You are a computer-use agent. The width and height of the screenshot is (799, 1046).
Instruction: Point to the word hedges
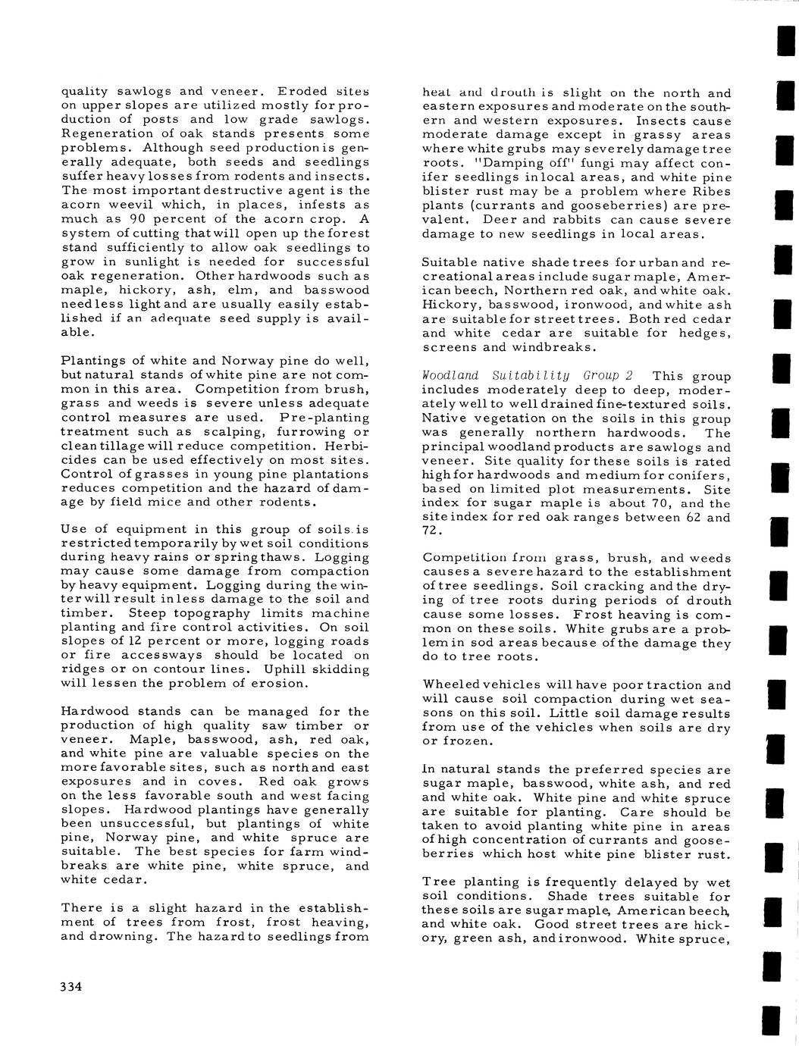pyautogui.click(x=703, y=333)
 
